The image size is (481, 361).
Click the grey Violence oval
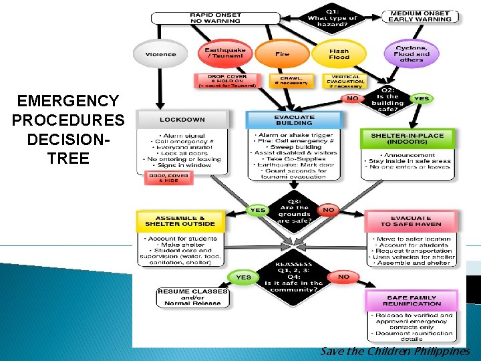(x=160, y=54)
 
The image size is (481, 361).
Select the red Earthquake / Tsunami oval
(x=224, y=53)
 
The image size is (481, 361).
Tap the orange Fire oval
(x=283, y=54)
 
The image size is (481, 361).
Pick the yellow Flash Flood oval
(x=339, y=53)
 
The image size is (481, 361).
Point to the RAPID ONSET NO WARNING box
(x=216, y=17)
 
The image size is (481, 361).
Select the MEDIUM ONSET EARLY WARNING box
(x=420, y=16)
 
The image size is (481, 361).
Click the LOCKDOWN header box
(x=182, y=120)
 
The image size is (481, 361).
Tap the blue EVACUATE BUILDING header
(x=294, y=120)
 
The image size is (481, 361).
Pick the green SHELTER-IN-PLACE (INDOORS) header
(x=408, y=138)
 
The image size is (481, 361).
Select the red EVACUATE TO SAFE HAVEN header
(x=411, y=221)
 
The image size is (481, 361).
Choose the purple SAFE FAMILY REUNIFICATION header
(x=412, y=300)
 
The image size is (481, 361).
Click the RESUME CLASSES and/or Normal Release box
(x=192, y=297)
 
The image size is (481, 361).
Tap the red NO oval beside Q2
(x=351, y=99)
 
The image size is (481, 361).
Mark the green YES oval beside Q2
(x=422, y=98)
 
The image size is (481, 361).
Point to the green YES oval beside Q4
(x=244, y=277)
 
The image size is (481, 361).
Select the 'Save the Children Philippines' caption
(x=395, y=352)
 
